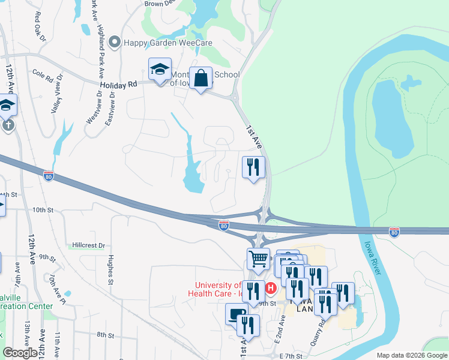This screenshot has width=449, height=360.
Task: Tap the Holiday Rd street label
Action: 119,85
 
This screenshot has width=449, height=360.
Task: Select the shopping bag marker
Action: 202,79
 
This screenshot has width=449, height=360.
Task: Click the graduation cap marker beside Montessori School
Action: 160,70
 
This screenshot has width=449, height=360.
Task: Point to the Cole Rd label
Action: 43,76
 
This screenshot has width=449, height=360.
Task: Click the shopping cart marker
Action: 258,260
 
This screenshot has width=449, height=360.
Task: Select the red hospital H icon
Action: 271,289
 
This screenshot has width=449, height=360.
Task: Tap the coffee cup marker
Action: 237,314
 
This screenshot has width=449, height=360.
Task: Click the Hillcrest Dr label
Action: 88,245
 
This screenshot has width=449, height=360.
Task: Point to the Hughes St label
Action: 110,268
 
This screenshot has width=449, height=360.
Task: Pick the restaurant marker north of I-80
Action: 253,167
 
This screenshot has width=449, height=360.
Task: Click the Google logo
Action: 20,353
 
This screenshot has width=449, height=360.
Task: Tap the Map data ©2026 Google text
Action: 411,355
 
